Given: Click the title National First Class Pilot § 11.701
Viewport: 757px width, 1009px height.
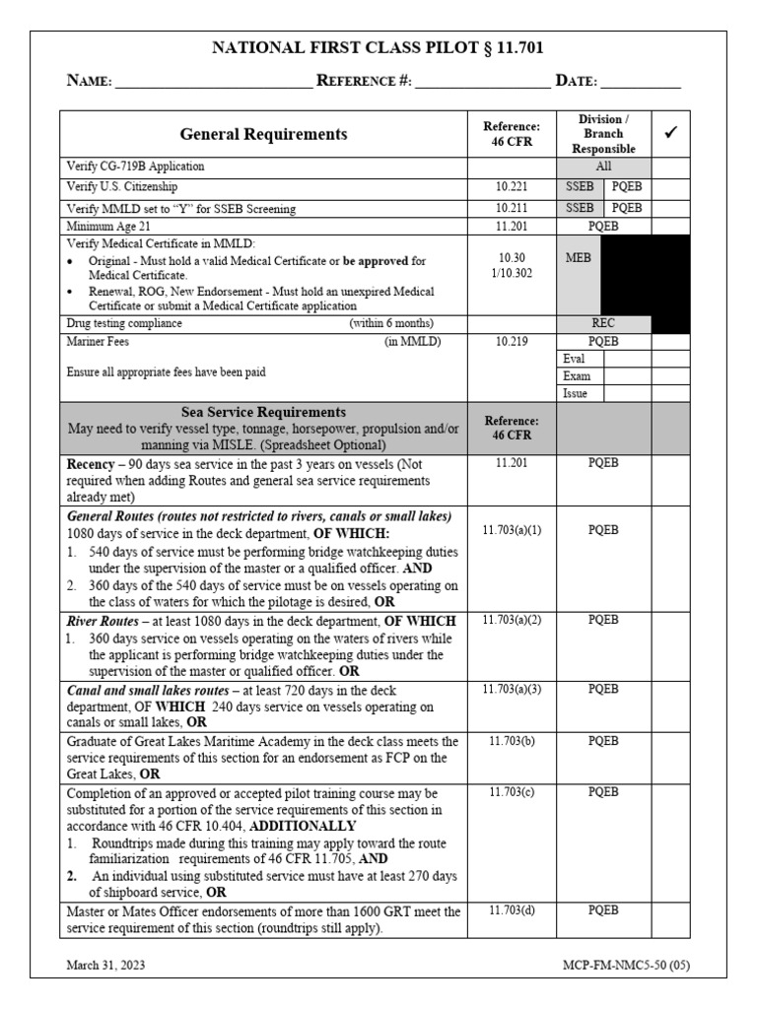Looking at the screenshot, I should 378,47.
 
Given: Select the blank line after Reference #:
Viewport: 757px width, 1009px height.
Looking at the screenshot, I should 482,83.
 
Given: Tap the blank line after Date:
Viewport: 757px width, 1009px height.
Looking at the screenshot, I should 642,83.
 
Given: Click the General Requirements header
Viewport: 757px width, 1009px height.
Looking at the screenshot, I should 263,134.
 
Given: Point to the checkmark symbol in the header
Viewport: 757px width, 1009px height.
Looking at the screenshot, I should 670,132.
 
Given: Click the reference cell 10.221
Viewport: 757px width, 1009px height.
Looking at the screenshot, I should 511,186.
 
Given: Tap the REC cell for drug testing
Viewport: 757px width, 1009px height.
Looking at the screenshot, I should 603,322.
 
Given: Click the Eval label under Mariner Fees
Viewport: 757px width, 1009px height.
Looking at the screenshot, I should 575,359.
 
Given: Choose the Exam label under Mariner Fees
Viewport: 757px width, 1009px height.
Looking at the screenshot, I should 577,375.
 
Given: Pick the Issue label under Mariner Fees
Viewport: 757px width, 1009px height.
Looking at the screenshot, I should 576,392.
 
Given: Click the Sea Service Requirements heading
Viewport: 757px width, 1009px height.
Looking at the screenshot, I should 263,412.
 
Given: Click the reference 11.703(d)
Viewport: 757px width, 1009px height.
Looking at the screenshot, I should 512,910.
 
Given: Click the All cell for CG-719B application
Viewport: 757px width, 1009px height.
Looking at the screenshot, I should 603,167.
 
